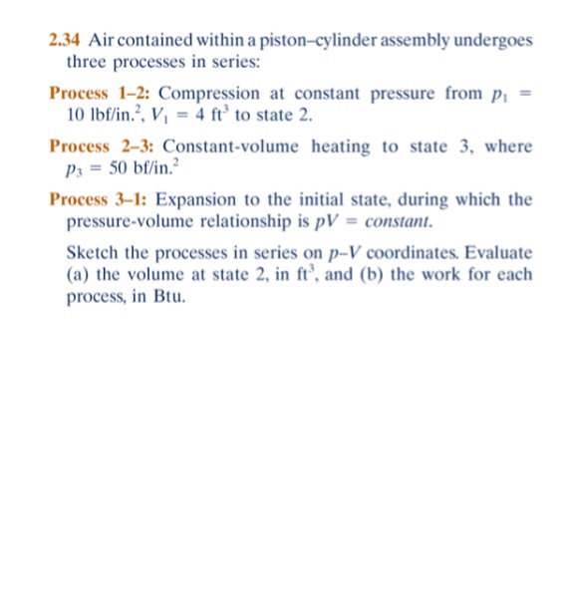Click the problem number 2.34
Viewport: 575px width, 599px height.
[x=64, y=41]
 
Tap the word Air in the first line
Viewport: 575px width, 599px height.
[x=102, y=41]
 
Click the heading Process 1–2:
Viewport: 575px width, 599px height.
[x=100, y=94]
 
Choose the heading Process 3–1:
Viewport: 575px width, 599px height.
[x=101, y=199]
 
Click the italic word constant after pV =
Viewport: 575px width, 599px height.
[x=402, y=220]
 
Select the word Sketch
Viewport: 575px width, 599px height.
[x=91, y=253]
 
